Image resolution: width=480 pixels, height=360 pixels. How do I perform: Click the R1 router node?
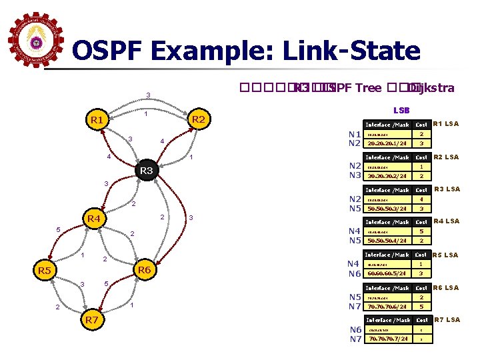pos(97,121)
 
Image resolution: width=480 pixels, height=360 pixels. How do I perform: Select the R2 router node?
pos(197,120)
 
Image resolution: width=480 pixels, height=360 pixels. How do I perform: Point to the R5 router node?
pos(45,271)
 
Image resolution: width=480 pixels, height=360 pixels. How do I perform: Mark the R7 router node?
pos(91,320)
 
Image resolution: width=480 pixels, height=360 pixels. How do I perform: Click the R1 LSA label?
pos(446,124)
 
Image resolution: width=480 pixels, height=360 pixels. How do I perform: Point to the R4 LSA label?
pos(446,221)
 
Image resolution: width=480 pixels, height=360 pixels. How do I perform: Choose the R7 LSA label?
pos(446,320)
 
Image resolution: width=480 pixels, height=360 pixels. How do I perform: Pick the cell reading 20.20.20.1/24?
pos(387,143)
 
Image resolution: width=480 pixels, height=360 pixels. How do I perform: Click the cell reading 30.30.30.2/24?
pos(387,176)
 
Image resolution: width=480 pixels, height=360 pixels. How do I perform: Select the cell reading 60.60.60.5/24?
pos(387,273)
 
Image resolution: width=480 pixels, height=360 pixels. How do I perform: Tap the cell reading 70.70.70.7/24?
pos(387,339)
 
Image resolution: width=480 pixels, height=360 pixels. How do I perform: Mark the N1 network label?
pos(353,134)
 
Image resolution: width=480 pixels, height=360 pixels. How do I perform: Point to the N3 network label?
pos(353,175)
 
